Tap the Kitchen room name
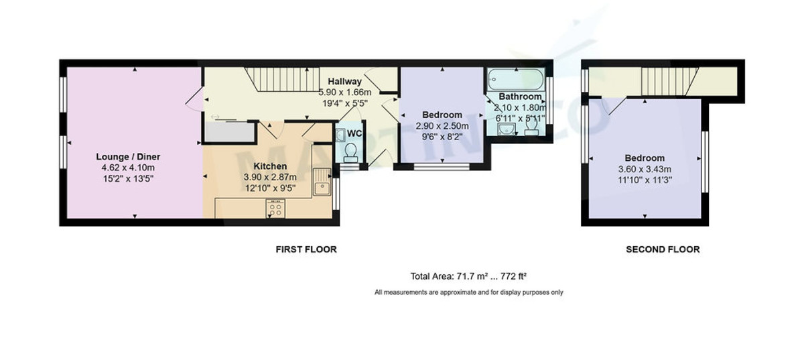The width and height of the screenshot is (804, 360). coord(270,166)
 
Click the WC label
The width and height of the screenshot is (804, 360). coord(354,133)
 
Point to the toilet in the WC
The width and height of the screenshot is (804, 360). coord(350,154)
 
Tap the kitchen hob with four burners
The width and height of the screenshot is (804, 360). coord(275,209)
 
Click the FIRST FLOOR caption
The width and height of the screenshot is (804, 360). coord(306,249)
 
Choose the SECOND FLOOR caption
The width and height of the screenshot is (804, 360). coord(663,249)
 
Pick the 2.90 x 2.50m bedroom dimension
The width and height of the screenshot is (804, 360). coord(442,125)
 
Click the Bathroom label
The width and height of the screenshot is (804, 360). coord(520,97)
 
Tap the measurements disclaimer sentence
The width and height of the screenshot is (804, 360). coord(469,292)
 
